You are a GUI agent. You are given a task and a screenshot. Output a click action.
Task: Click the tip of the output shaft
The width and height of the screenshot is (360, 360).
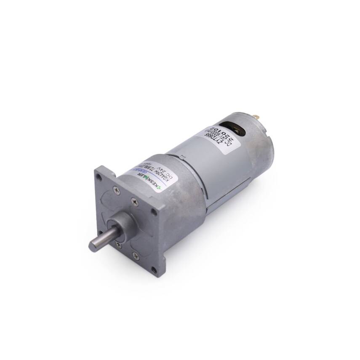click(x=94, y=245)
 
